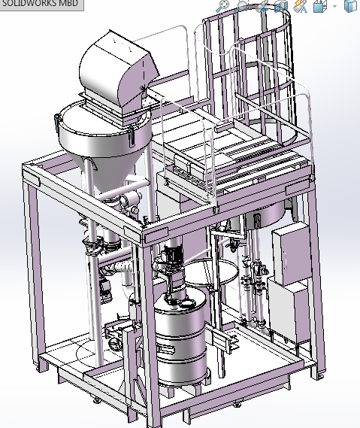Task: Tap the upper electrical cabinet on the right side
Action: click(x=289, y=255)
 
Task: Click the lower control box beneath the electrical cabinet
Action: click(x=286, y=312)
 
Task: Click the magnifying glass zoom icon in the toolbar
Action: click(x=223, y=6)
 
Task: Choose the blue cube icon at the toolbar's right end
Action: click(x=349, y=7)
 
